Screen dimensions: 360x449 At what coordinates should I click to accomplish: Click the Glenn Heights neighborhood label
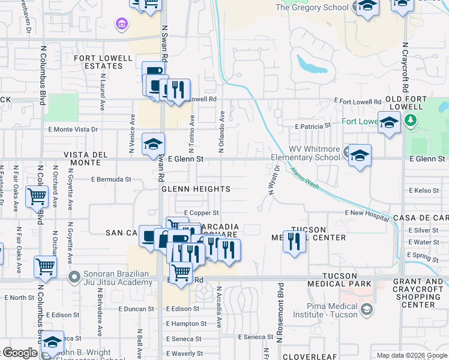pyautogui.click(x=196, y=189)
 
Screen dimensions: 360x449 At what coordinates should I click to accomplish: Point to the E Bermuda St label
pyautogui.click(x=111, y=179)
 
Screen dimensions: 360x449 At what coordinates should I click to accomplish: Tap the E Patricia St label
pyautogui.click(x=313, y=127)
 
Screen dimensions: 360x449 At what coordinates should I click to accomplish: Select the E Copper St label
pyautogui.click(x=201, y=212)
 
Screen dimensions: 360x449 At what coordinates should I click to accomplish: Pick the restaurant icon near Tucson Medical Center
pyautogui.click(x=294, y=241)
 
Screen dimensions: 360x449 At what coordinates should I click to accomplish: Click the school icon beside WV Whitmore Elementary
pyautogui.click(x=359, y=155)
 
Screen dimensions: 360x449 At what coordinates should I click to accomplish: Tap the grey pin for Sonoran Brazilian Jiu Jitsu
pyautogui.click(x=74, y=277)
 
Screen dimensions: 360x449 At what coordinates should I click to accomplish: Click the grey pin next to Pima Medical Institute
pyautogui.click(x=367, y=310)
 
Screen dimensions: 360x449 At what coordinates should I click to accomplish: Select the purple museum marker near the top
pyautogui.click(x=122, y=24)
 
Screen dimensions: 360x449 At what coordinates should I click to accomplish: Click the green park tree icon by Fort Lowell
pyautogui.click(x=411, y=121)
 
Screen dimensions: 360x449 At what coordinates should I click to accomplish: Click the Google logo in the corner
pyautogui.click(x=19, y=353)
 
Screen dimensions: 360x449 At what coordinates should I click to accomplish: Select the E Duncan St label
pyautogui.click(x=136, y=309)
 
